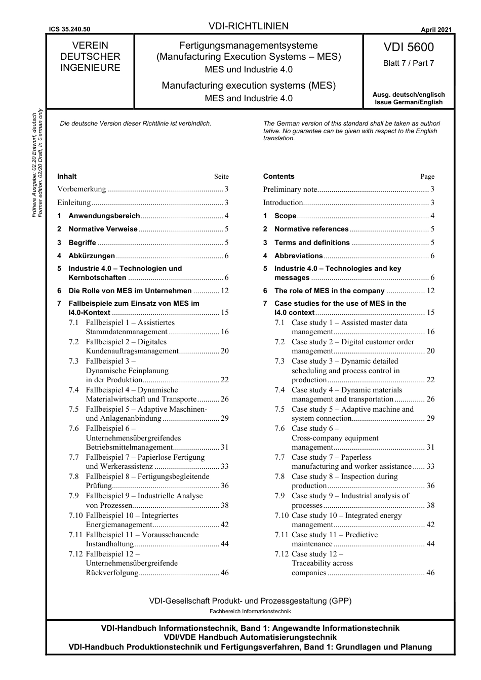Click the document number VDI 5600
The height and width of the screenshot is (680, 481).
click(408, 47)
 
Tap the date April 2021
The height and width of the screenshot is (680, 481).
click(436, 30)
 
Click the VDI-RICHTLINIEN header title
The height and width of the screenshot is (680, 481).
click(248, 26)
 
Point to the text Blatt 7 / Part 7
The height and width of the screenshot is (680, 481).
click(408, 63)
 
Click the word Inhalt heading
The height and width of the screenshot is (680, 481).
click(67, 176)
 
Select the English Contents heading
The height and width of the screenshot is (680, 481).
click(278, 176)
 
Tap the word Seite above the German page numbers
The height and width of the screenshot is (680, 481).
click(221, 177)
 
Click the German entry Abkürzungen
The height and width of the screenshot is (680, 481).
click(92, 256)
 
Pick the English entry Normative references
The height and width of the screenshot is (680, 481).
click(311, 229)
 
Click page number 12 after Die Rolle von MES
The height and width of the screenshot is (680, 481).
click(225, 291)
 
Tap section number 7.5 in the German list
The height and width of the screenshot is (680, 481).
click(74, 409)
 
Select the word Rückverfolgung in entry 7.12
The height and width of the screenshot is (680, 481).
click(112, 573)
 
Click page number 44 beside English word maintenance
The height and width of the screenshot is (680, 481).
click(430, 544)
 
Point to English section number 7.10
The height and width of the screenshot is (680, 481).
click(282, 515)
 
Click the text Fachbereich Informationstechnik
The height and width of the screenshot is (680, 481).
click(250, 611)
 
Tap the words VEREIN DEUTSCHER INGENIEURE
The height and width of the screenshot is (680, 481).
click(90, 56)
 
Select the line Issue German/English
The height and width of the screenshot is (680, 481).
click(408, 102)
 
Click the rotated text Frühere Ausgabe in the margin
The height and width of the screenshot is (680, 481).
click(34, 165)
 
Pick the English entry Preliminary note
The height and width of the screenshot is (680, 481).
click(290, 189)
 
